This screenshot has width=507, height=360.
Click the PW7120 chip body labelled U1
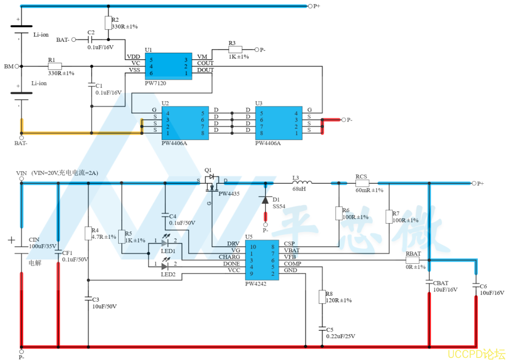(x=168, y=66)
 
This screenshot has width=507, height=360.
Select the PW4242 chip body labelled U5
(x=262, y=260)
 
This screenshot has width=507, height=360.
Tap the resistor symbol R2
(x=108, y=23)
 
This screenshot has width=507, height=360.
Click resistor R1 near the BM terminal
(x=55, y=66)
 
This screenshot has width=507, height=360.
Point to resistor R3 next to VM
(x=236, y=49)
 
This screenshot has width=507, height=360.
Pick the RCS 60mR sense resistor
(x=362, y=183)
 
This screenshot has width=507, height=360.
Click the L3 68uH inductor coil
(x=302, y=182)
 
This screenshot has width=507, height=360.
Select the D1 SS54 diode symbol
(x=265, y=200)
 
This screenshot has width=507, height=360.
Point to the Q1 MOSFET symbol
(x=212, y=183)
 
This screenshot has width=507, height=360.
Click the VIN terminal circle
(x=22, y=179)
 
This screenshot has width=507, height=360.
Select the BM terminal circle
(x=17, y=66)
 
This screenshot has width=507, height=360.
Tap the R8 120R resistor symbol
(x=322, y=297)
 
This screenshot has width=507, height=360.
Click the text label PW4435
(x=229, y=194)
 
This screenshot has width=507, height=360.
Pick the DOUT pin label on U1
(x=205, y=70)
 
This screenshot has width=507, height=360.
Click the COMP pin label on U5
(x=293, y=264)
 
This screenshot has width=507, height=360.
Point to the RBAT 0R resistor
(x=412, y=260)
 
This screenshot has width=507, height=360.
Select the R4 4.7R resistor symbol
(x=88, y=233)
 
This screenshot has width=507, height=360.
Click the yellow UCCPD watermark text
(x=476, y=354)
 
